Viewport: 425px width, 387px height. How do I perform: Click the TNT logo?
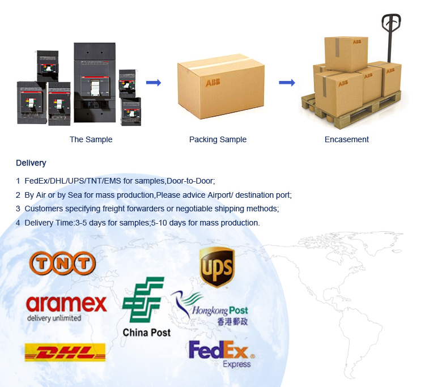click(62, 263)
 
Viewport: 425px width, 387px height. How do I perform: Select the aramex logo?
click(66, 305)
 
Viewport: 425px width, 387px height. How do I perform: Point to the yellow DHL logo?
click(65, 352)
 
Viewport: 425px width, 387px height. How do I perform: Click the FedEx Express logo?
click(222, 354)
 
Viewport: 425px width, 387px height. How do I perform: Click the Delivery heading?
click(31, 163)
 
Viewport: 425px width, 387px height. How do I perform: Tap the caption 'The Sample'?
click(91, 139)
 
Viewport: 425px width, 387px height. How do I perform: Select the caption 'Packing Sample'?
click(218, 139)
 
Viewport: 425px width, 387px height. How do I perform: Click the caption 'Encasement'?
click(346, 139)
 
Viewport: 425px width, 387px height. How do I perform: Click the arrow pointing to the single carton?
click(154, 83)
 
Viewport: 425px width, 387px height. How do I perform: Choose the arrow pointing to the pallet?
click(287, 83)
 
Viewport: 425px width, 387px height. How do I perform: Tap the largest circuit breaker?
click(94, 82)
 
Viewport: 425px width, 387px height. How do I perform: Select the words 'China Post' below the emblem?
click(146, 333)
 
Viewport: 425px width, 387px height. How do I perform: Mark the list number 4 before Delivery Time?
click(18, 223)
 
